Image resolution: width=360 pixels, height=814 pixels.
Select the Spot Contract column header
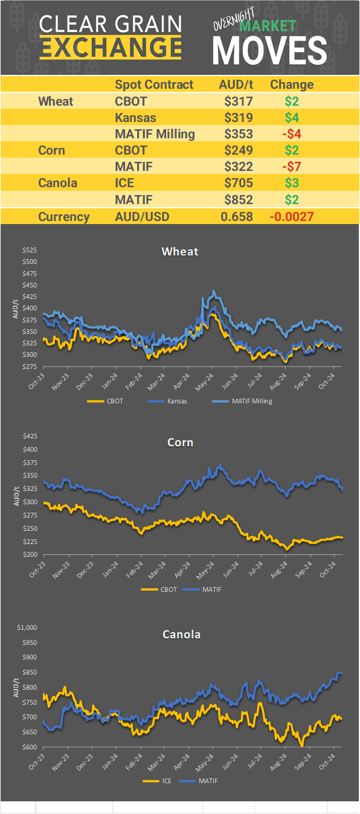[x=154, y=85]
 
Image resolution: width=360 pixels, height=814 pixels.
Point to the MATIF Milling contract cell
[x=155, y=134]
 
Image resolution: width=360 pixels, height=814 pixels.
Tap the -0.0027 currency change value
[x=292, y=217]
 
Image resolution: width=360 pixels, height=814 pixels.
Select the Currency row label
[x=64, y=217]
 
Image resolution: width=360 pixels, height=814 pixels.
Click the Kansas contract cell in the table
[x=135, y=118]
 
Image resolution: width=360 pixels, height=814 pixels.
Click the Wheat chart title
[x=179, y=251]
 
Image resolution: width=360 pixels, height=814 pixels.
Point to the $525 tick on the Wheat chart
[x=30, y=250]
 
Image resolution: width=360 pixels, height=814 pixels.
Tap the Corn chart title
[x=180, y=443]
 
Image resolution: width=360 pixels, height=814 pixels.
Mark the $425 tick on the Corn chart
[x=30, y=436]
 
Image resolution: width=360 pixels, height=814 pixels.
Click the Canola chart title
[x=181, y=634]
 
